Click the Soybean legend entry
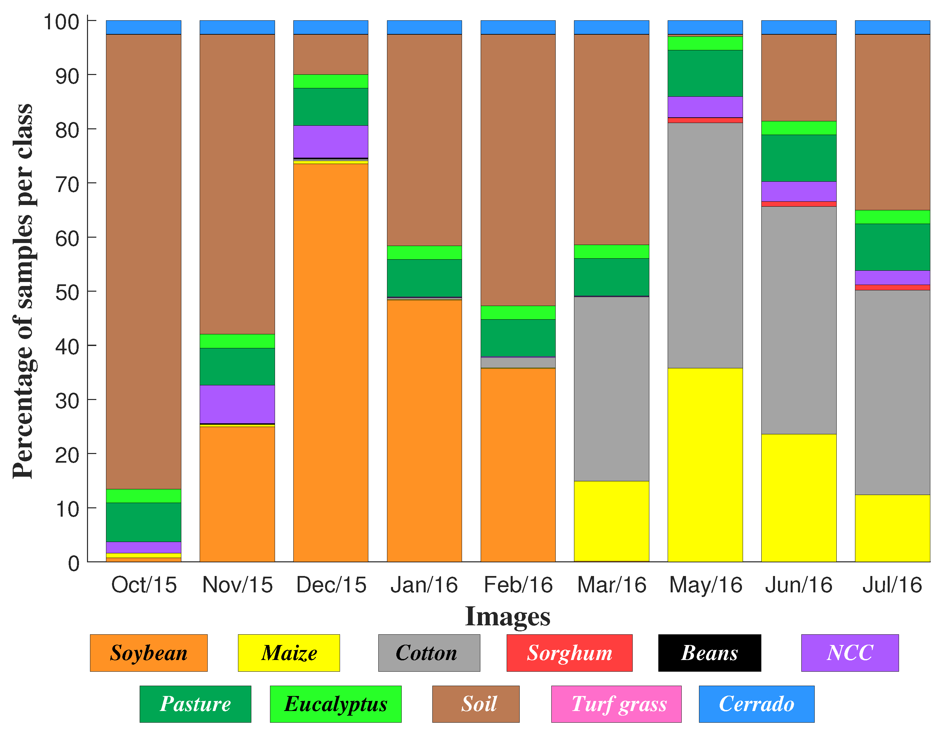(148, 653)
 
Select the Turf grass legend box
(616, 704)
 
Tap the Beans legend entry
(709, 653)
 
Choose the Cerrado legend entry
(756, 704)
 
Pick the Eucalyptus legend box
(335, 704)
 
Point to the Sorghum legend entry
(569, 653)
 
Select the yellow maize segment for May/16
(705, 465)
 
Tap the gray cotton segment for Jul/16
(892, 392)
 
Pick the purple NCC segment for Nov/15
(237, 404)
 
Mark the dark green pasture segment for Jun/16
(799, 158)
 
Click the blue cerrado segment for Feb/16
(518, 27)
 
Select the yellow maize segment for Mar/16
(612, 521)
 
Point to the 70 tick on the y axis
(68, 185)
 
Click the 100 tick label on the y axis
(62, 22)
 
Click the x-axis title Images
(507, 616)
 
